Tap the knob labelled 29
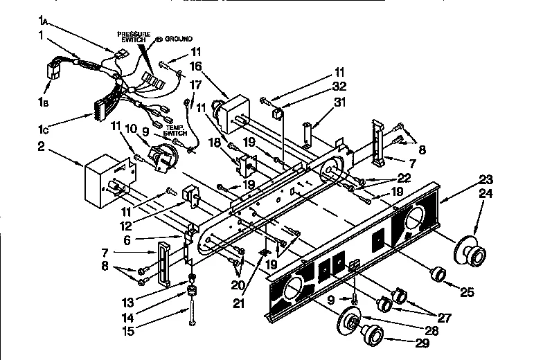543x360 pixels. pos(372,336)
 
